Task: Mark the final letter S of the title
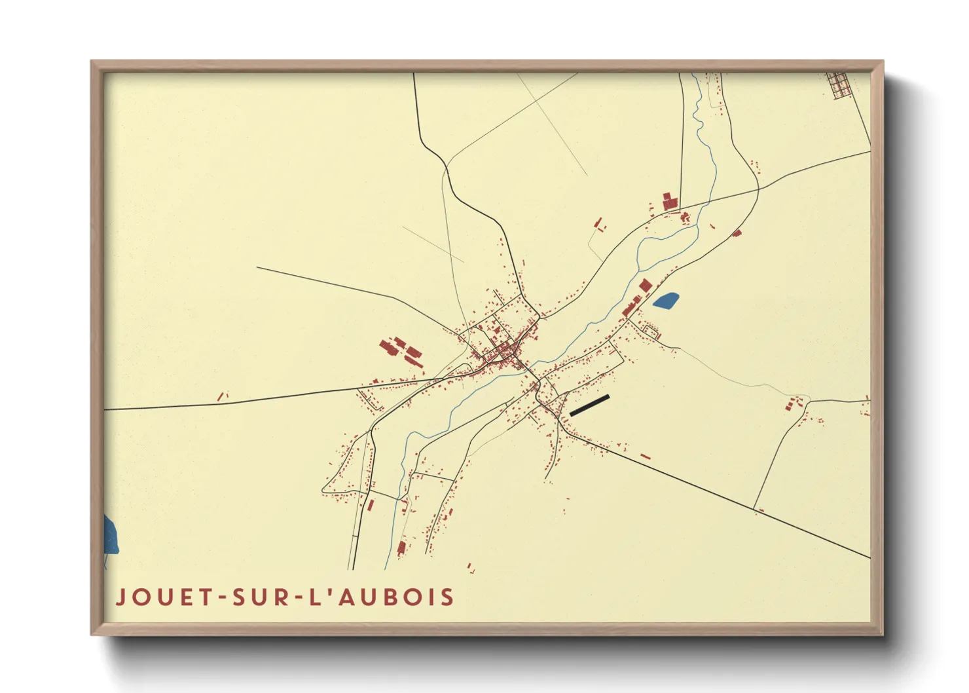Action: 448,597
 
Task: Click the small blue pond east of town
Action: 666,301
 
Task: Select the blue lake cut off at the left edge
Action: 111,534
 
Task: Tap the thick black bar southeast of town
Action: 590,405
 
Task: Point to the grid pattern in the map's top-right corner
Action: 837,84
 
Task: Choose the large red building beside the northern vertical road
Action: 668,200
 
